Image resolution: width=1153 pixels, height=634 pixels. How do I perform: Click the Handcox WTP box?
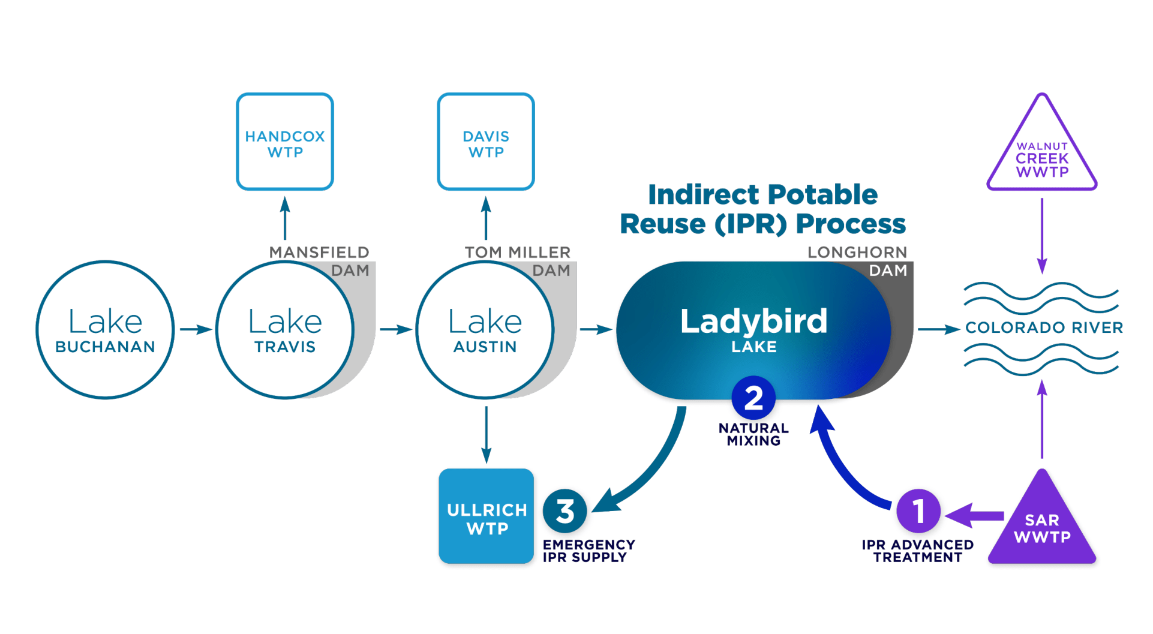click(285, 142)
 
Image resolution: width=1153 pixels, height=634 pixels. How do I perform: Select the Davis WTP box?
click(486, 142)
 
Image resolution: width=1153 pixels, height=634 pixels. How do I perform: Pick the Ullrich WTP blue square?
click(486, 516)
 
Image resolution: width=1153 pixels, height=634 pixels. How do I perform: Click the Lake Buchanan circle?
click(105, 330)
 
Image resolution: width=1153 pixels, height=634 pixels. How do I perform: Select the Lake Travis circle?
click(285, 330)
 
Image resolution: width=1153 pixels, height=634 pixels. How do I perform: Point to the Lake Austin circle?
click(485, 330)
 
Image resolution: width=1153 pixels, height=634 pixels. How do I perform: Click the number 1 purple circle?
click(918, 511)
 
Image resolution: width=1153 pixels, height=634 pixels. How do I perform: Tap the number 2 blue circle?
click(753, 398)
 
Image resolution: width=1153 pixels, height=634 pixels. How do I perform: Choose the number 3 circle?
click(565, 511)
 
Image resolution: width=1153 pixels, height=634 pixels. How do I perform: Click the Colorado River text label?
click(1044, 328)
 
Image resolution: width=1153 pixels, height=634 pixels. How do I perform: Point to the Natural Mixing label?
click(753, 434)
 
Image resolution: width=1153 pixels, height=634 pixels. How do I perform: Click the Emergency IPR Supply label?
click(588, 551)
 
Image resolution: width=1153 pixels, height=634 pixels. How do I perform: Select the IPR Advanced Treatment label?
click(917, 551)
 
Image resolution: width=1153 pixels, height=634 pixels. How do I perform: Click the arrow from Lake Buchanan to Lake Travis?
click(196, 329)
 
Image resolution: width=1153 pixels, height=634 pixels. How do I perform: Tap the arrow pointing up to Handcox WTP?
click(285, 219)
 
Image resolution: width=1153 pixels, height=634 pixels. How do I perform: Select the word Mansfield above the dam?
click(319, 253)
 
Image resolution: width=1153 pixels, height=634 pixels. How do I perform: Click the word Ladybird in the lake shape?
click(753, 321)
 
